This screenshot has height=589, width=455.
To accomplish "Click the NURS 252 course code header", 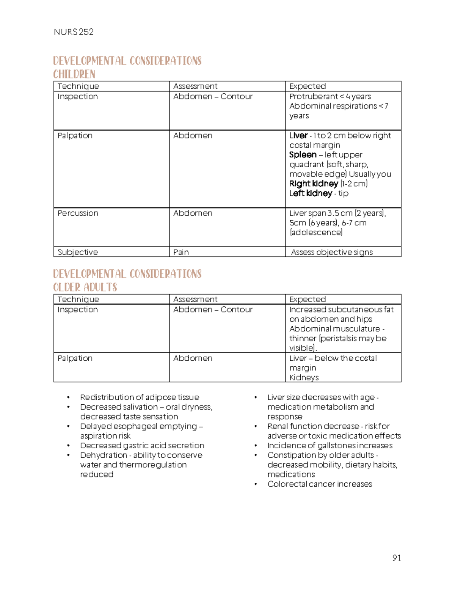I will tap(74, 32).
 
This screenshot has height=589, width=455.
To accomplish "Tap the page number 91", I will tap(397, 558).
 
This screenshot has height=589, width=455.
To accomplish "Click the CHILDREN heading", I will tap(74, 74).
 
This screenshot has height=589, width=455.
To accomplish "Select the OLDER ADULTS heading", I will tap(85, 287).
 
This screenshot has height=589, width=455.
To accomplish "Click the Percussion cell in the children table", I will tap(78, 213).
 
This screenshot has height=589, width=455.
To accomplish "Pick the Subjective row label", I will tap(77, 252).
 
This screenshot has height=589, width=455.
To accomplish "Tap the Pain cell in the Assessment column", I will tap(181, 252).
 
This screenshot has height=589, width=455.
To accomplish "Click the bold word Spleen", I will tap(303, 155).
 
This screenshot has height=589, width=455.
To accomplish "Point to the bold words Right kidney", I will tap(314, 184).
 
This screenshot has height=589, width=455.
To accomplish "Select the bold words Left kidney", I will tap(311, 193).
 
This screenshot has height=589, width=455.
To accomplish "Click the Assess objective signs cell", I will tap(332, 252).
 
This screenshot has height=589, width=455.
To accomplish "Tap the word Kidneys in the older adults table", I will tap(304, 377).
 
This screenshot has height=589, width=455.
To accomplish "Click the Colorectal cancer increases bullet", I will tap(320, 484).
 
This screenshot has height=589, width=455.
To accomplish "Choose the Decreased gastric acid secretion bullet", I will tap(142, 445).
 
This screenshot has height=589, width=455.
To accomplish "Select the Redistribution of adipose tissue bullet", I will tap(139, 397).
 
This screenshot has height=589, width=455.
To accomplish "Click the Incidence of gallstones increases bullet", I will tap(329, 445).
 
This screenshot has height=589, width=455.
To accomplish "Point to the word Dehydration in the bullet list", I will tap(103, 455).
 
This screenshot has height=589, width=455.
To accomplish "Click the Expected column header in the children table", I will tap(307, 86).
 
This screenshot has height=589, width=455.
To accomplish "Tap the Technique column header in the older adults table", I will tap(78, 299).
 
